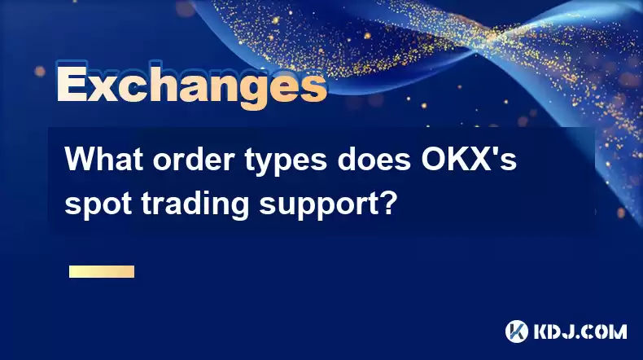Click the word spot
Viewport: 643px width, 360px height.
coord(98,204)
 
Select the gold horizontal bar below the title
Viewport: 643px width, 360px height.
coord(102,271)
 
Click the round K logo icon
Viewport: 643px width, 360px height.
coord(517,331)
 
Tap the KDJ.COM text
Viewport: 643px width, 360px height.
coord(580,331)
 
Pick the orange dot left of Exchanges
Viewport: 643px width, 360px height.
coord(40,72)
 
